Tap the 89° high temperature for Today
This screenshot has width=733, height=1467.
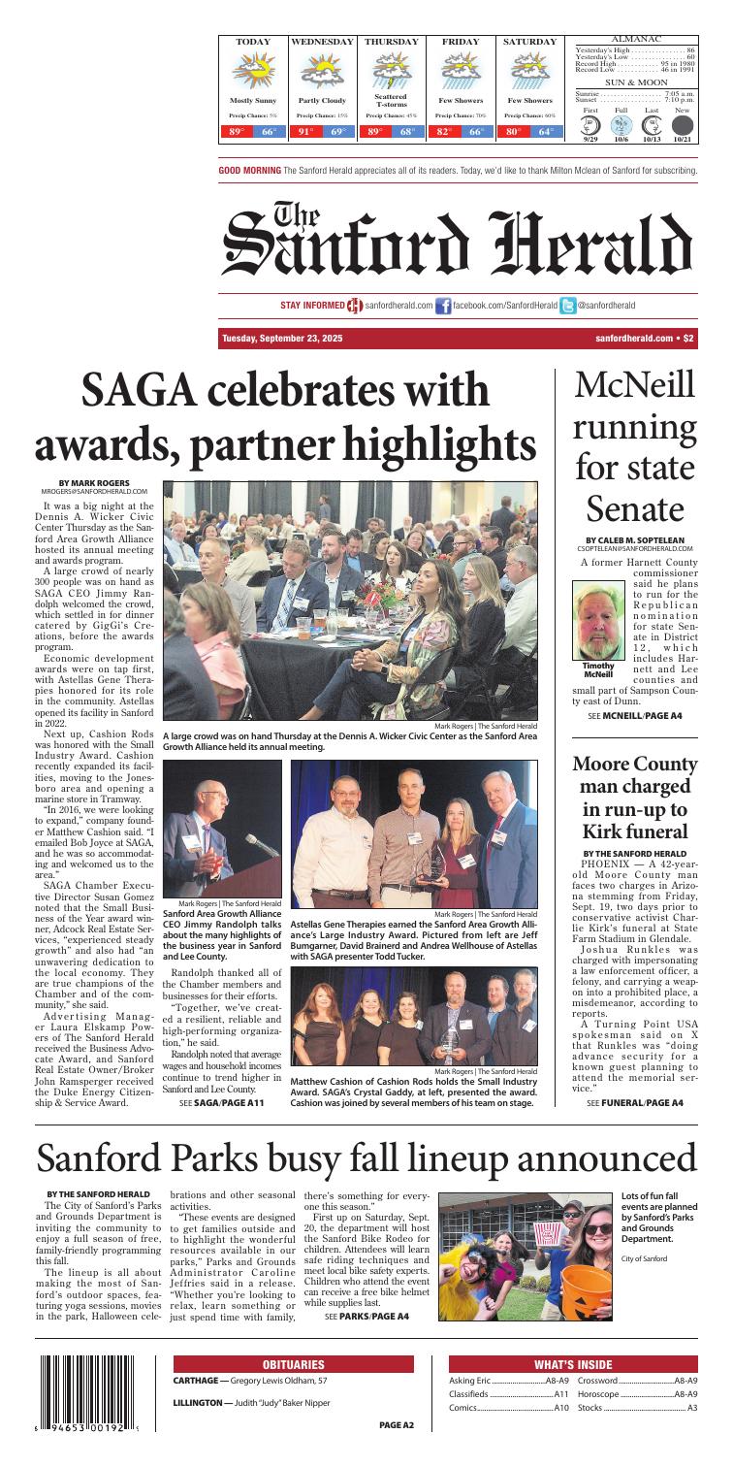point(237,131)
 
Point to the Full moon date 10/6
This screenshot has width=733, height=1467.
point(621,139)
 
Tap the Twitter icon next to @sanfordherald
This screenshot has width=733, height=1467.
point(567,305)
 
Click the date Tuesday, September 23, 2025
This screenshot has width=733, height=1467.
point(282,339)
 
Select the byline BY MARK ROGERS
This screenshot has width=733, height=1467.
point(94,482)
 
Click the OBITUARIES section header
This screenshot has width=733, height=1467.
point(292,1364)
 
